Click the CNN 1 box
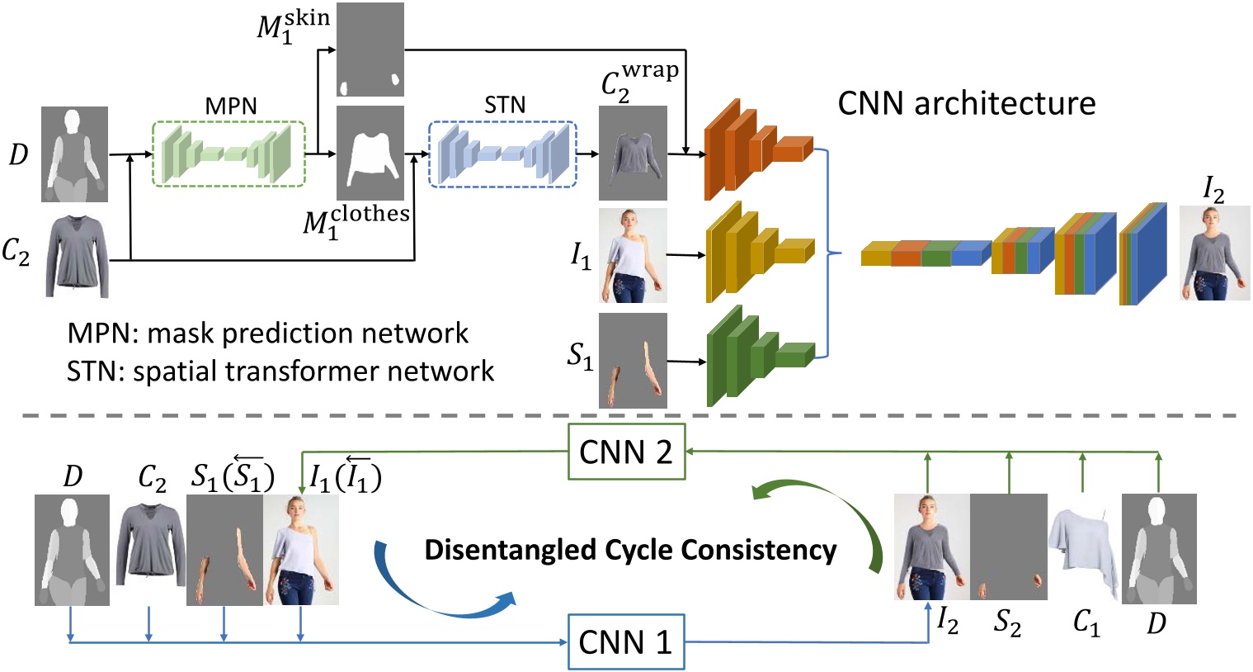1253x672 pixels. pyautogui.click(x=626, y=641)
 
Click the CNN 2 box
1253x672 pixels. pyautogui.click(x=626, y=452)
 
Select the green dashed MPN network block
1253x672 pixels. pyautogui.click(x=228, y=154)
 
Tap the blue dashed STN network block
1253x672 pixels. pyautogui.click(x=502, y=154)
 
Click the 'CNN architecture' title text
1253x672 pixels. pyautogui.click(x=966, y=104)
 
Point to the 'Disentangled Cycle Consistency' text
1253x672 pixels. pyautogui.click(x=630, y=550)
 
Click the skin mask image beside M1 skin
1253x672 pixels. pyautogui.click(x=370, y=50)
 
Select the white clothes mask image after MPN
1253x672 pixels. pyautogui.click(x=370, y=153)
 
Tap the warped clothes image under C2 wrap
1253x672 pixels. pyautogui.click(x=633, y=153)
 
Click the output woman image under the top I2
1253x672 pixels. pyautogui.click(x=1214, y=253)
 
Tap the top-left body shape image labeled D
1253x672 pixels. pyautogui.click(x=74, y=154)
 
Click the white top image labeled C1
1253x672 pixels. pyautogui.click(x=1084, y=547)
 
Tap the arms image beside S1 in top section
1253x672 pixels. pyautogui.click(x=633, y=361)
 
